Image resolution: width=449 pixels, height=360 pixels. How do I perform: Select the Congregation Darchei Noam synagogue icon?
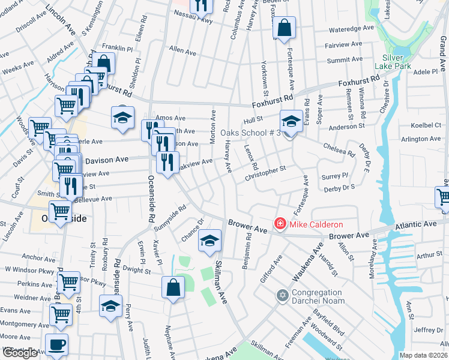pos(283,295)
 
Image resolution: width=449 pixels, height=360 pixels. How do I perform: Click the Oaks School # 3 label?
pos(250,133)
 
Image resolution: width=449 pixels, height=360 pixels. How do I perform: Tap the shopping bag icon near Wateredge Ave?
pos(284,27)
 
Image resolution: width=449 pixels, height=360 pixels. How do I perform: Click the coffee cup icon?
pos(57,345)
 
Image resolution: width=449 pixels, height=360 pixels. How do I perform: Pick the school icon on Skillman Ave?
pos(209,241)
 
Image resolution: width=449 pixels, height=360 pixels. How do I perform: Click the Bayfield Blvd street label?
pos(328,322)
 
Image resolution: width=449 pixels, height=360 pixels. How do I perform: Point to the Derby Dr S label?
pos(339,188)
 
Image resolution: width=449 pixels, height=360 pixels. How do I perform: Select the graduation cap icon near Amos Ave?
pos(122,118)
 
